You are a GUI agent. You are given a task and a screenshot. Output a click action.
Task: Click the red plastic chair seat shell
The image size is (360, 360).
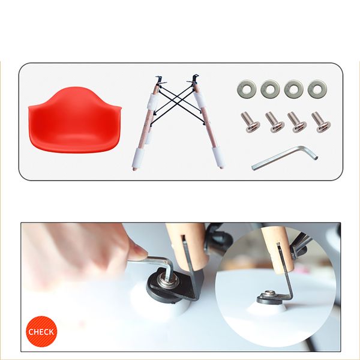click(x=74, y=119)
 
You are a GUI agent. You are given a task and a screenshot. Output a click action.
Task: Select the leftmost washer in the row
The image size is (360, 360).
click(x=247, y=89)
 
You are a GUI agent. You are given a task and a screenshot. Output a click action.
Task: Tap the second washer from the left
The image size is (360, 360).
click(x=270, y=89)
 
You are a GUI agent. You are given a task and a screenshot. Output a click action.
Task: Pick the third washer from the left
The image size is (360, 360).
click(x=293, y=89)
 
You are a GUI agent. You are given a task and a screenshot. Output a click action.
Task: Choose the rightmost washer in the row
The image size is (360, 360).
click(x=317, y=89)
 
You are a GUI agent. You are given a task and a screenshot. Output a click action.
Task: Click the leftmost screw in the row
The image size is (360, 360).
click(x=250, y=122)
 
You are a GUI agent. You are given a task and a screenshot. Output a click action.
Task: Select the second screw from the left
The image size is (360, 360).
click(x=274, y=122)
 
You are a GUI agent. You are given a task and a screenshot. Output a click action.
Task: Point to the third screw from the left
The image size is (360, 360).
click(x=296, y=122)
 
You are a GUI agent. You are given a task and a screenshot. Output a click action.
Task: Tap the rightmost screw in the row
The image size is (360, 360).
click(x=321, y=122)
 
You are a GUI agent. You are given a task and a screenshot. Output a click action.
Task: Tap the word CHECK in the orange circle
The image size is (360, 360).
click(x=41, y=332)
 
